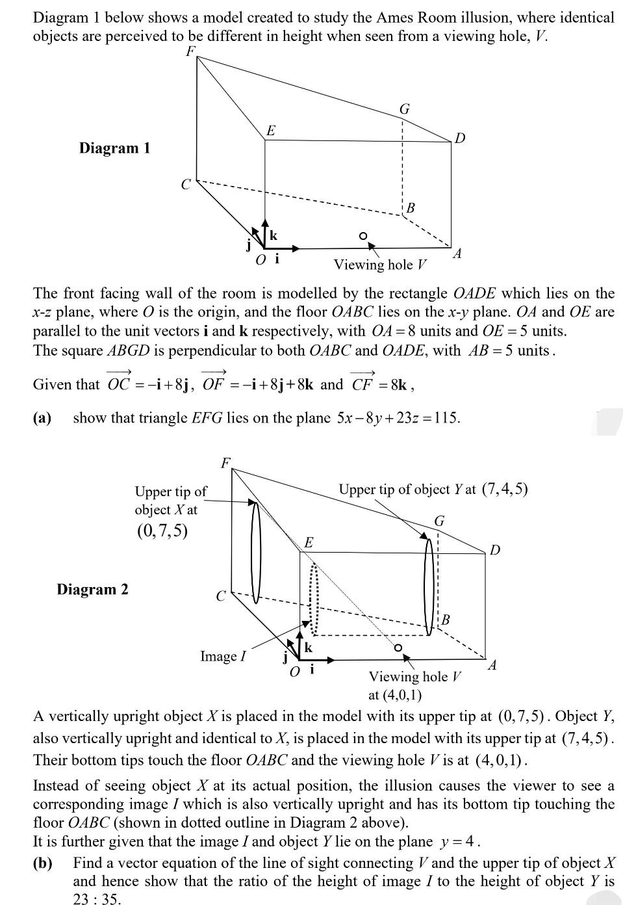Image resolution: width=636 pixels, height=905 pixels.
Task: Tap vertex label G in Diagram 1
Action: (404, 109)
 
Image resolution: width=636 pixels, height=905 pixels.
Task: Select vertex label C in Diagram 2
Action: (221, 596)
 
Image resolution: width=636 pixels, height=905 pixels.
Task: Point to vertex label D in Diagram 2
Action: (495, 550)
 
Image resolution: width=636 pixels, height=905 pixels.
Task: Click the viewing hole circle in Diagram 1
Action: (363, 235)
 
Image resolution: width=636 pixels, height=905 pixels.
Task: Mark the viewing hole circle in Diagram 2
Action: (398, 648)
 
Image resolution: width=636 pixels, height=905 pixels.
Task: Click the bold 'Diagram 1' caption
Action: (114, 148)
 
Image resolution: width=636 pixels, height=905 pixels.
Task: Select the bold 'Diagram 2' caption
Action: (92, 590)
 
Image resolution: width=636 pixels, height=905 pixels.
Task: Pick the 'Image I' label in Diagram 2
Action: (223, 656)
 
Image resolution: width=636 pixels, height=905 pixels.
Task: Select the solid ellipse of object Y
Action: (429, 586)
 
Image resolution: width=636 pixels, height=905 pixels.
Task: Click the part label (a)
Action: (42, 417)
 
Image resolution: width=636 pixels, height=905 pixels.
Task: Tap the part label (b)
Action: (42, 863)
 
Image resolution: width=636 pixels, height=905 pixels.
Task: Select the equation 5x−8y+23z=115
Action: (398, 417)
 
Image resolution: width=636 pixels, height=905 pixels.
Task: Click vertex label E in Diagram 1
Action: (270, 130)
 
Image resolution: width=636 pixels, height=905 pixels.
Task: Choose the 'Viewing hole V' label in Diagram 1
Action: (381, 265)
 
